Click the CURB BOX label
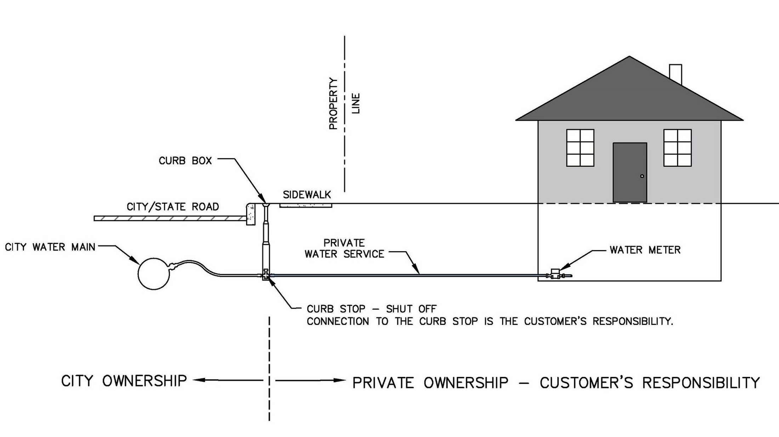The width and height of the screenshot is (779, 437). (x=185, y=161)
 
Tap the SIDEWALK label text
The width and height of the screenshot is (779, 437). (x=307, y=195)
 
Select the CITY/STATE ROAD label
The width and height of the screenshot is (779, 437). (x=173, y=207)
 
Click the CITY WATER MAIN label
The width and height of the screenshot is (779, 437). (x=50, y=247)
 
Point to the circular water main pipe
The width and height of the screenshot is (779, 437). (x=154, y=274)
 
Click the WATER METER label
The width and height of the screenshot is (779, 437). (x=645, y=250)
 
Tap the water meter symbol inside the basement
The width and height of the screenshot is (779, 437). (x=555, y=274)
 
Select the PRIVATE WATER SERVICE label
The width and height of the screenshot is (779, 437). (x=344, y=248)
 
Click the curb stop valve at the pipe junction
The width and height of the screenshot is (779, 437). (x=266, y=275)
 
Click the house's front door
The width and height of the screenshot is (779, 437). (x=630, y=172)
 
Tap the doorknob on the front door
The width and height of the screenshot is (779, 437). (x=642, y=176)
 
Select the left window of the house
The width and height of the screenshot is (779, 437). (x=580, y=148)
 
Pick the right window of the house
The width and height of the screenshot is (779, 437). (x=677, y=148)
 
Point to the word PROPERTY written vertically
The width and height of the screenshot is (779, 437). (x=333, y=103)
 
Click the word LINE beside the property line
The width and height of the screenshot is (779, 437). (x=356, y=103)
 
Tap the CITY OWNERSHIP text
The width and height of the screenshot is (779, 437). (x=124, y=381)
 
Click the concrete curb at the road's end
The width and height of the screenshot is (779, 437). (x=251, y=214)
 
